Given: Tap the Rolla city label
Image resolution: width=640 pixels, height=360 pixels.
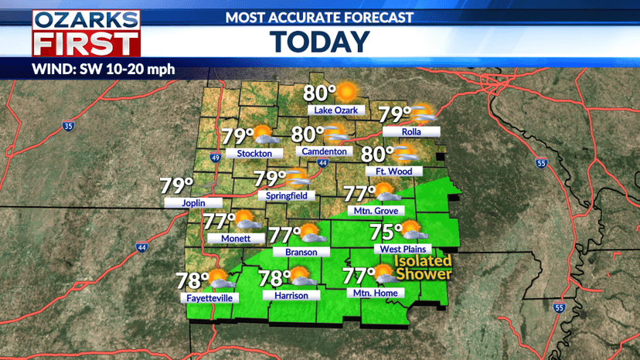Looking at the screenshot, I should click(x=410, y=132).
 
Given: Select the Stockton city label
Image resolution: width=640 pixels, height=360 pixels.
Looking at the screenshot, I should click(x=254, y=154).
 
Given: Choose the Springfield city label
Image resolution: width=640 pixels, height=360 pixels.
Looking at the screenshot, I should click(x=286, y=195).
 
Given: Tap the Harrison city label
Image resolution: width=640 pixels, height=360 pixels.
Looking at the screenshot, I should click(x=291, y=295).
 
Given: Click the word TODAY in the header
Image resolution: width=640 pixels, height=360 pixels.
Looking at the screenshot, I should click(x=319, y=40).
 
